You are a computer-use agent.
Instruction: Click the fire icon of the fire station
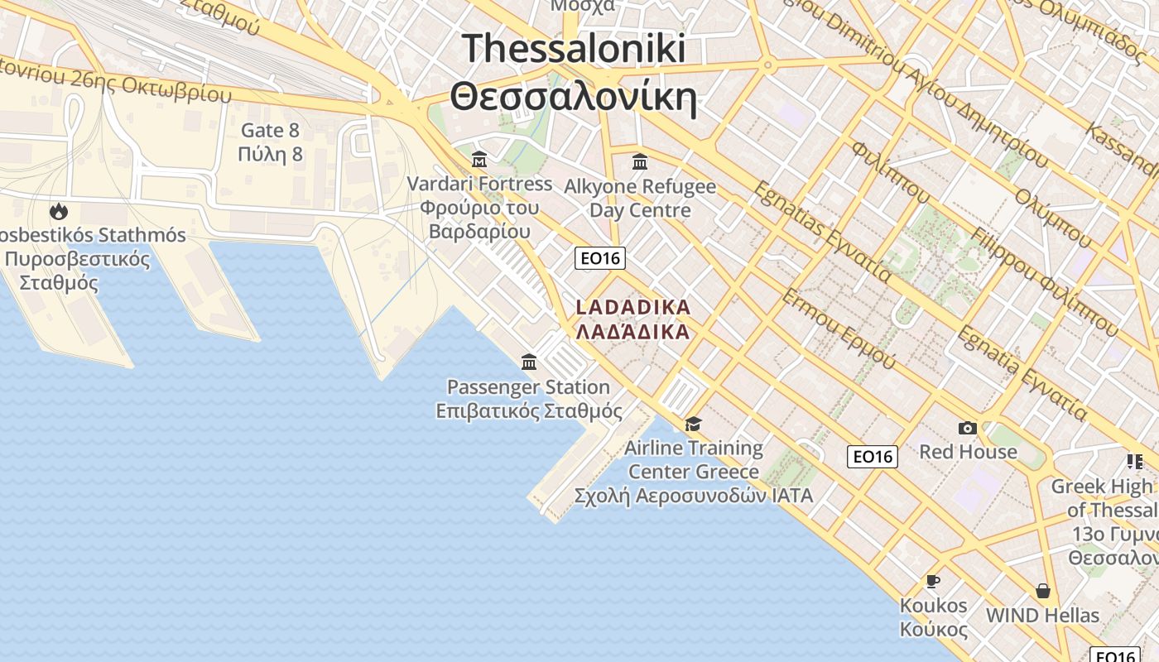(59, 212)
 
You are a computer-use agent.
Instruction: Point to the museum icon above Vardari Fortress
(479, 160)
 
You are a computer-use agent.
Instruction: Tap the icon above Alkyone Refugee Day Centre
(639, 161)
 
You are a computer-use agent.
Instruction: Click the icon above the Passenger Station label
(529, 362)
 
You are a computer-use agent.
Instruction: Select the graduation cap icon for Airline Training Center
(693, 424)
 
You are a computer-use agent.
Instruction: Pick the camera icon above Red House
(967, 428)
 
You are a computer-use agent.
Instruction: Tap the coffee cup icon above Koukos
(933, 581)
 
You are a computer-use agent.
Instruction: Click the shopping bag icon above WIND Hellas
(1042, 591)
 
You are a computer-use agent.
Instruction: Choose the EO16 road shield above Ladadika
(600, 258)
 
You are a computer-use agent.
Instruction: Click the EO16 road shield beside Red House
(873, 456)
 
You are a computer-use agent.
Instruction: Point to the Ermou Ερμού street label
(839, 329)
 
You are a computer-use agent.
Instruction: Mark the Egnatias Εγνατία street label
(821, 231)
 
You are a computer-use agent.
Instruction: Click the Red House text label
(968, 452)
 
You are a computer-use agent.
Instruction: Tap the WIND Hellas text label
(1042, 616)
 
